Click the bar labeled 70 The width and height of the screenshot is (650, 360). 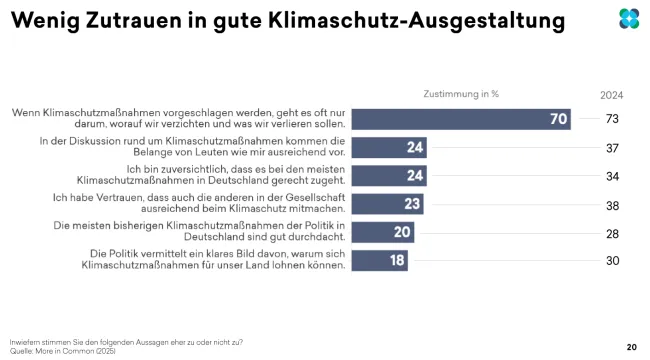pos(460,119)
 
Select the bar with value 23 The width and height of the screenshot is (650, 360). pos(388,205)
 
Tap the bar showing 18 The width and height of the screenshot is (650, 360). pos(380,261)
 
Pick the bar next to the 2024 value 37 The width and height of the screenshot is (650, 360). pos(389,148)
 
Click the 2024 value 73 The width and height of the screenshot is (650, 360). pos(612,119)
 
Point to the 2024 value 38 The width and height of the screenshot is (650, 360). pos(612,205)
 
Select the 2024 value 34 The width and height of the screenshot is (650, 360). pos(612,177)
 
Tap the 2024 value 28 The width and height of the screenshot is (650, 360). pos(612,233)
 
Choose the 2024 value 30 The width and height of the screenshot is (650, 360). pos(612,261)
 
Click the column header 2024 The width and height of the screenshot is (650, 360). pos(612,95)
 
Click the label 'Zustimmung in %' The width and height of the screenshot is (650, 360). pos(461,93)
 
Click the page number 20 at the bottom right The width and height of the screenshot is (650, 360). pos(631,346)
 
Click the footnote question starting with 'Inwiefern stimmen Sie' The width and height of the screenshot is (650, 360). pos(125,342)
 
